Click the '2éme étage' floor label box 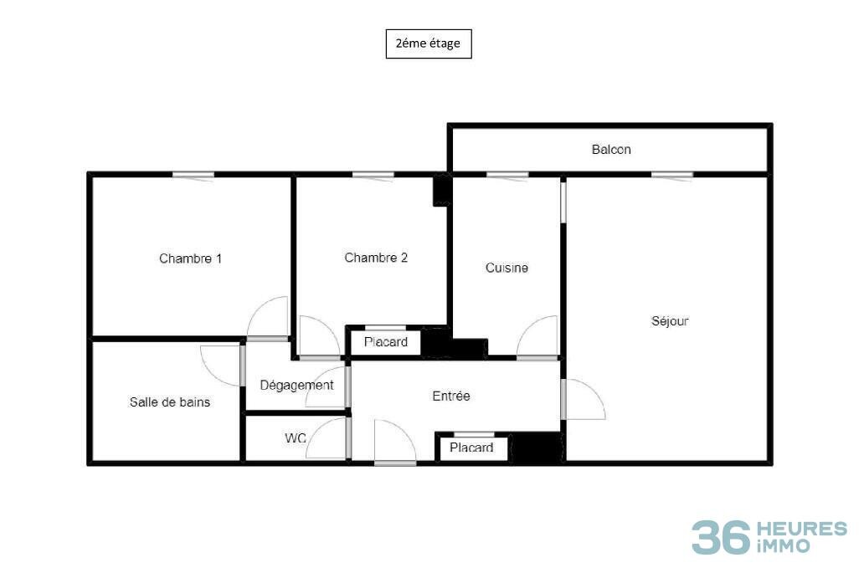click(428, 43)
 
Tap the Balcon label click(611, 150)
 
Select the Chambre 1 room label click(190, 258)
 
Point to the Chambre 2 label click(376, 258)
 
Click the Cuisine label click(507, 268)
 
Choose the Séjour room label click(670, 321)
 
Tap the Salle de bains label click(170, 402)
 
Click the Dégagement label click(296, 386)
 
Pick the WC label click(296, 438)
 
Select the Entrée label click(450, 396)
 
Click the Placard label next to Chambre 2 click(386, 342)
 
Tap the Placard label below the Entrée click(471, 448)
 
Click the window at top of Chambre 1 click(193, 175)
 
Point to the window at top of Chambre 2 click(373, 175)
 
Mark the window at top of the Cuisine click(507, 175)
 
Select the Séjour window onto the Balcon click(672, 175)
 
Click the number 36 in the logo click(721, 537)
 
